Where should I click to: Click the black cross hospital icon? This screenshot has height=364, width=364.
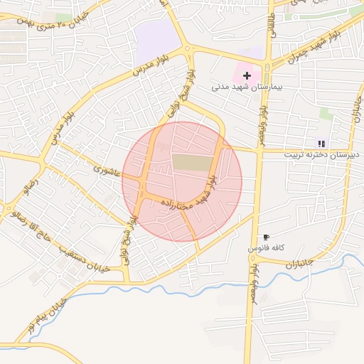tap(247, 75)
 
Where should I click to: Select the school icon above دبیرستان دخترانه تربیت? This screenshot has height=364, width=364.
tap(321, 143)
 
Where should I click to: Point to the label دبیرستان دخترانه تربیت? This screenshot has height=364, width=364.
tap(322, 154)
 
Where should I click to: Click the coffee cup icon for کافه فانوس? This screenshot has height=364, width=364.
tap(266, 237)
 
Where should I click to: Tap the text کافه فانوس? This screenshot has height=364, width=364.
tap(266, 248)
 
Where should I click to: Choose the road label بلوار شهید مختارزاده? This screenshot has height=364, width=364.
tap(192, 196)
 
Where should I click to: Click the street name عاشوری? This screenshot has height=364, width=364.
tap(108, 171)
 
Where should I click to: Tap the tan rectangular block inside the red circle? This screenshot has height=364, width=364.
tap(193, 162)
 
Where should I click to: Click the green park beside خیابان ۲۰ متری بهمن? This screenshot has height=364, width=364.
tap(64, 16)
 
